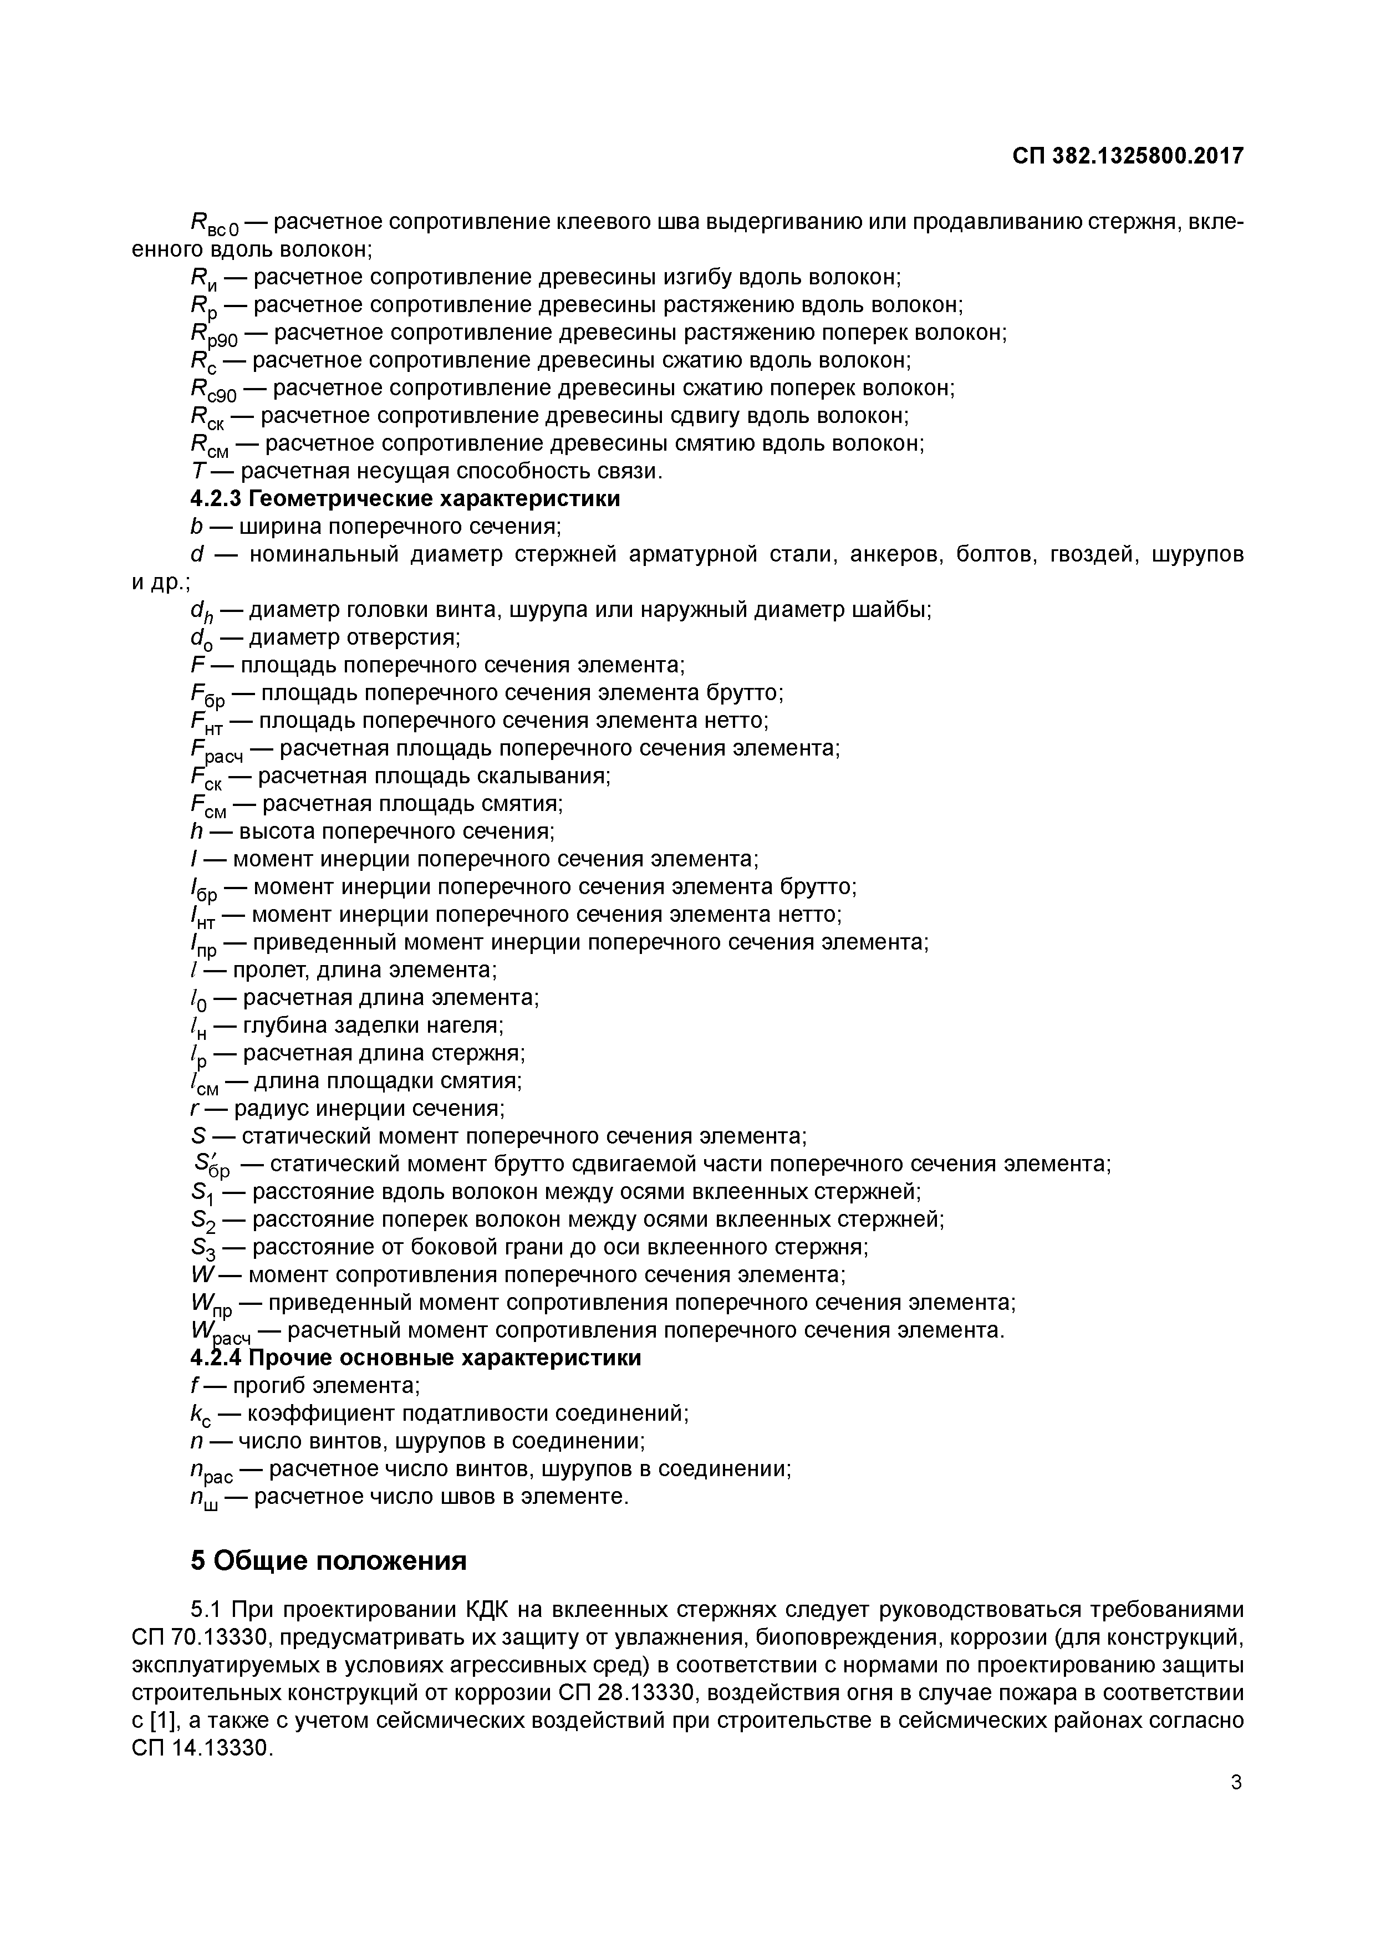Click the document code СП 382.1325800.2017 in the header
tap(1128, 156)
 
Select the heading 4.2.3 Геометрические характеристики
tap(405, 499)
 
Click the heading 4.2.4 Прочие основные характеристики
tap(415, 1358)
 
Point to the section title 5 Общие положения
tap(329, 1560)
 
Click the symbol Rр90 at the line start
tap(215, 335)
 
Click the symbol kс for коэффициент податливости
tap(202, 1415)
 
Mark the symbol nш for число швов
tap(204, 1498)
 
